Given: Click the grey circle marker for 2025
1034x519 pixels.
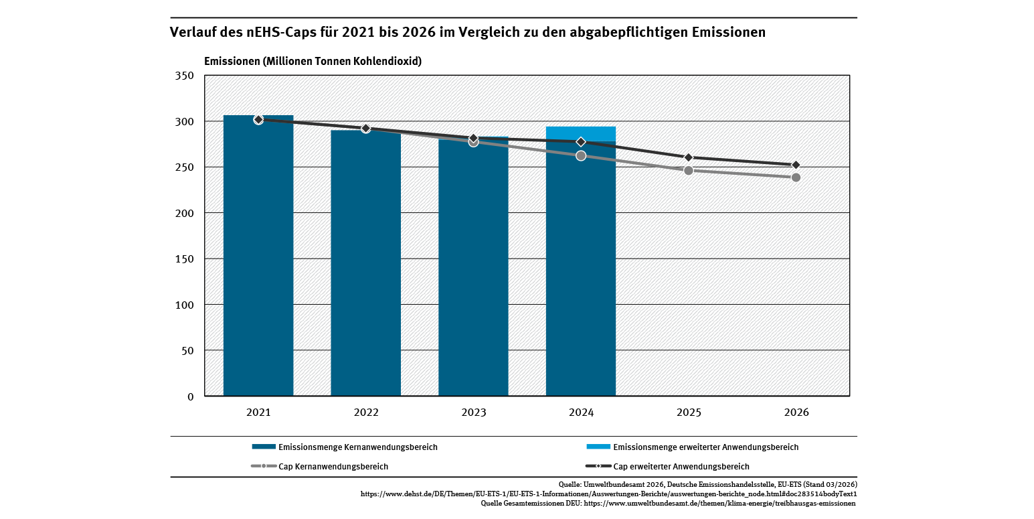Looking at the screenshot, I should (x=689, y=170).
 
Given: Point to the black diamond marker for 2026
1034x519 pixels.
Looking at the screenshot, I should (x=796, y=165).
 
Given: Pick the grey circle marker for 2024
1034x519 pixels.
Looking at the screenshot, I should (x=581, y=155).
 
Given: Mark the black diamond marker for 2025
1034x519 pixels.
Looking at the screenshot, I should (x=689, y=157).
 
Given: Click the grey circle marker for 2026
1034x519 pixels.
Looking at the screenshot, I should (x=796, y=177).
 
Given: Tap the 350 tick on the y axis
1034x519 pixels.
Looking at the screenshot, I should (x=185, y=76).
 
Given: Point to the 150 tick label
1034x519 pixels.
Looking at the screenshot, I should (x=185, y=259).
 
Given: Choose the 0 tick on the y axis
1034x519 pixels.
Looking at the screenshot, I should (x=190, y=396).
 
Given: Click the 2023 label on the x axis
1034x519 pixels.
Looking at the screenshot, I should (x=473, y=413).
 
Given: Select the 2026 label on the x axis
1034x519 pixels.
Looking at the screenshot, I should (x=796, y=413).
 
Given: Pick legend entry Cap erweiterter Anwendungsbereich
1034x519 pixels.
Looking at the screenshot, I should (x=681, y=466).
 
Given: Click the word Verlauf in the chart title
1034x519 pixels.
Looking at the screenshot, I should (x=194, y=32).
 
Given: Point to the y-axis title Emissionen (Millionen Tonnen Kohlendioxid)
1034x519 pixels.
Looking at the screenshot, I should (x=313, y=61).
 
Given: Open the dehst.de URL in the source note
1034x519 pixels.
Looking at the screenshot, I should (x=608, y=494).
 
